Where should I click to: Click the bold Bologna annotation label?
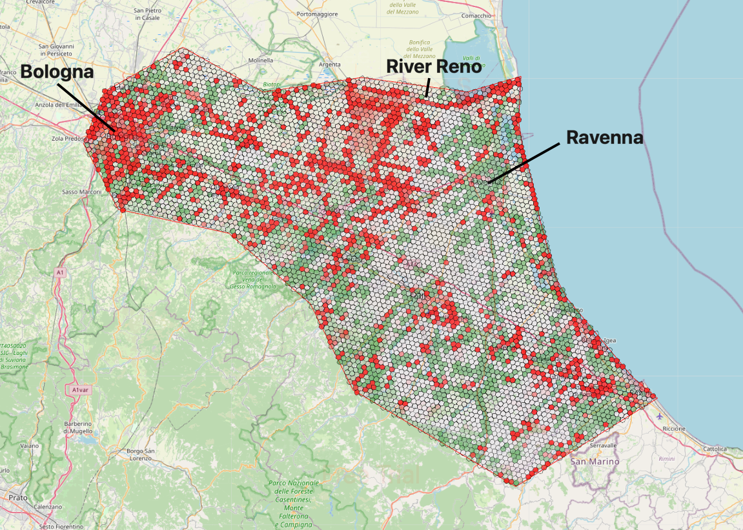click(57, 72)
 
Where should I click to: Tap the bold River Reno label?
click(434, 66)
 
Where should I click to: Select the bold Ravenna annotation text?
click(605, 138)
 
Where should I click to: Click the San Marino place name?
click(595, 462)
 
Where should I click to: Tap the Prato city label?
click(17, 498)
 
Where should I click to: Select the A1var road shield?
click(80, 390)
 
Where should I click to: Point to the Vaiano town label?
click(29, 445)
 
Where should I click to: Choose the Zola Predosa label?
click(67, 138)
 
